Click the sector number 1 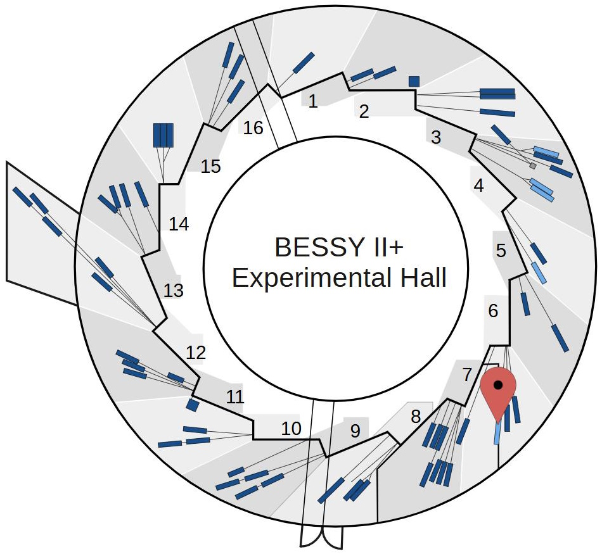(x=312, y=101)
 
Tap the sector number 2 (x=364, y=112)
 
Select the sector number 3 (x=435, y=137)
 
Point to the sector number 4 (x=478, y=186)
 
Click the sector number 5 (x=501, y=251)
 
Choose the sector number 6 (x=493, y=311)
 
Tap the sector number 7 (x=467, y=374)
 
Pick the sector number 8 (x=416, y=417)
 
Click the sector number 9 (x=355, y=431)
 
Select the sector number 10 (x=291, y=429)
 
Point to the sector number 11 (x=235, y=398)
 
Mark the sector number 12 (x=196, y=353)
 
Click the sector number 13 (x=173, y=291)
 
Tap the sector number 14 (x=179, y=224)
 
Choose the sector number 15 (x=210, y=167)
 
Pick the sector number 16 (x=253, y=128)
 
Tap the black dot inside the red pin (x=498, y=384)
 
